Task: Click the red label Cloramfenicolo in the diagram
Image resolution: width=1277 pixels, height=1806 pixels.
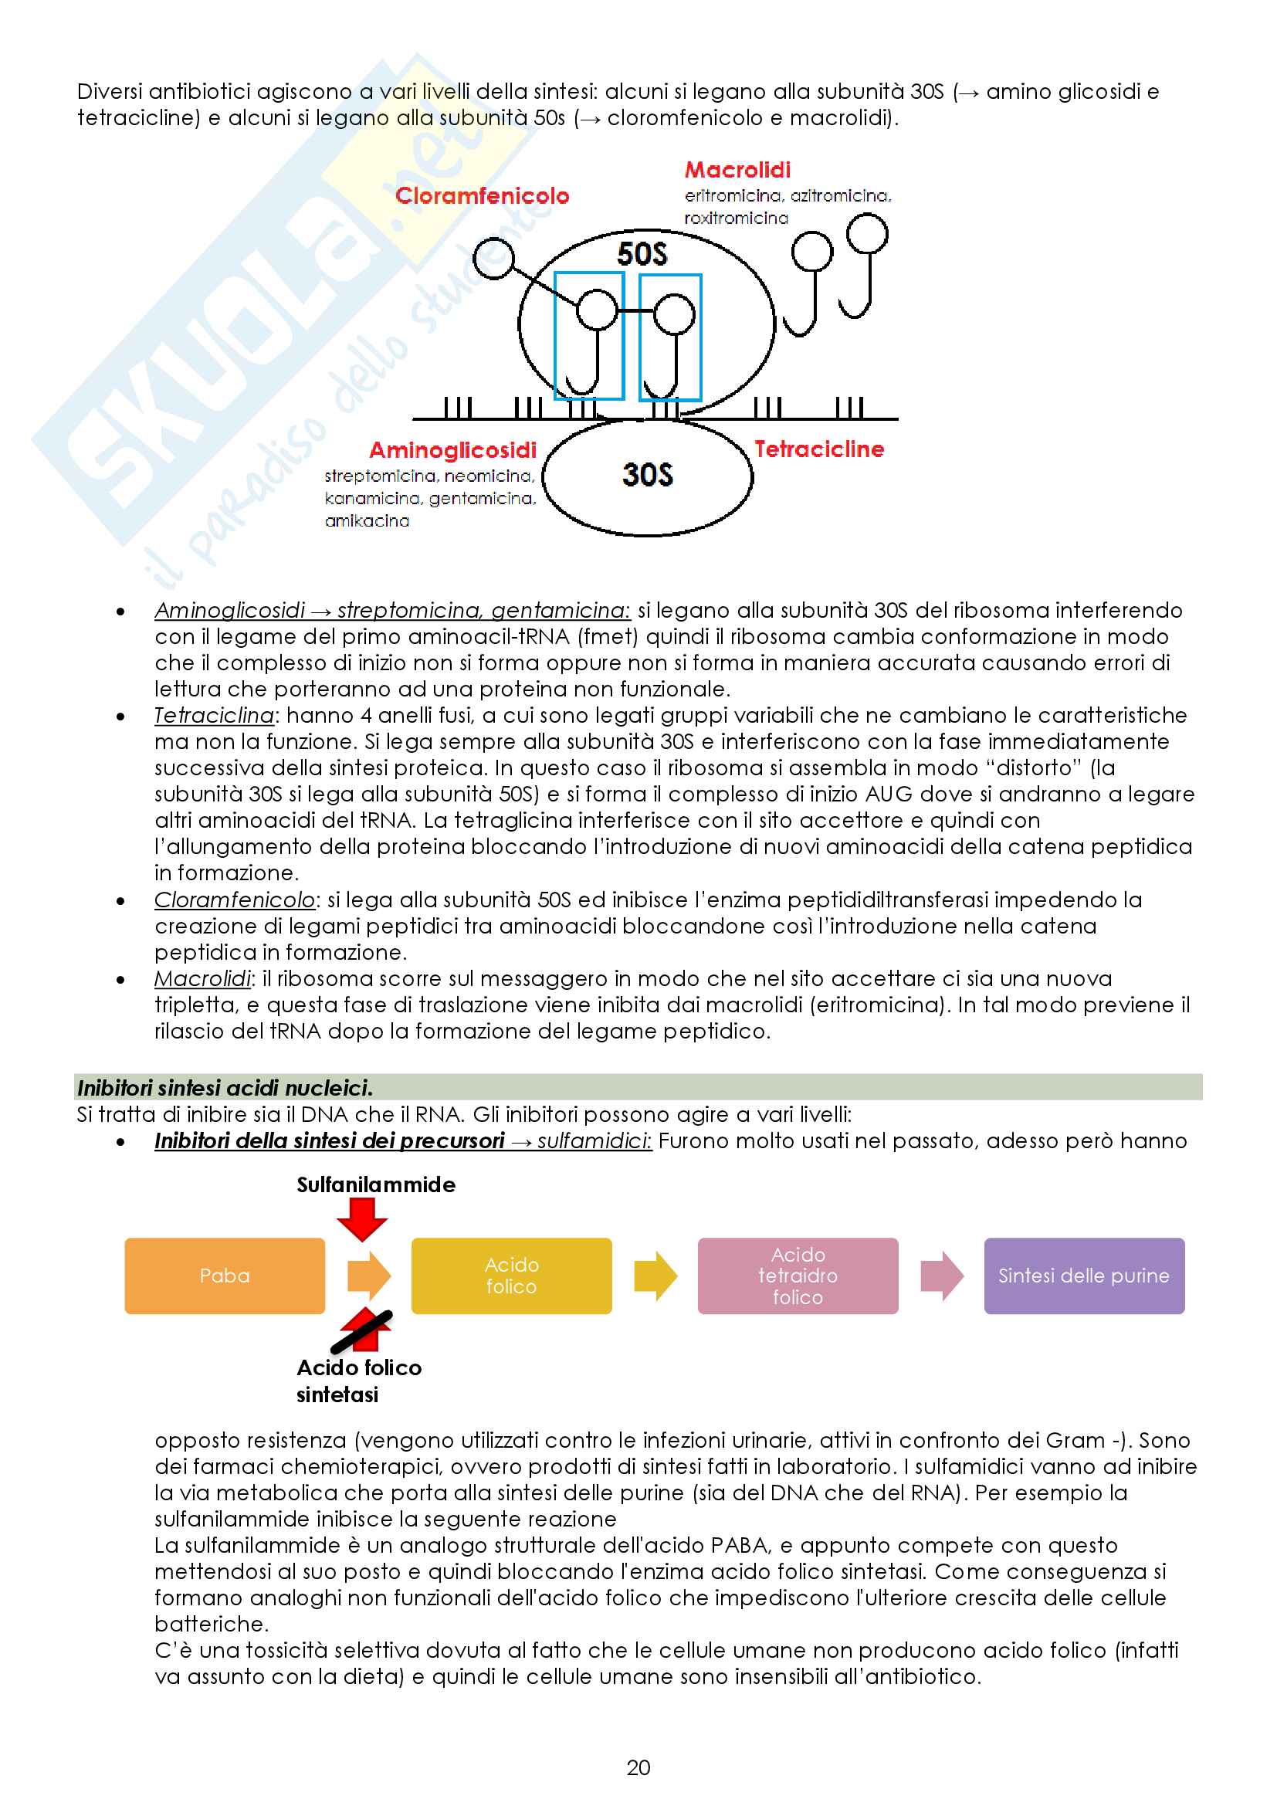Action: click(482, 196)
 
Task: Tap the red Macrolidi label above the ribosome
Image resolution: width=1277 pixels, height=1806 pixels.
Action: click(737, 170)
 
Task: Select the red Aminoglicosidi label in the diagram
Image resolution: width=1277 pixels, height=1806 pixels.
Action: click(453, 450)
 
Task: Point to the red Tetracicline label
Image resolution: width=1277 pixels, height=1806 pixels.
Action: click(818, 449)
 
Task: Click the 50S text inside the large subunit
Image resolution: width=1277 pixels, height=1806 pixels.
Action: click(642, 254)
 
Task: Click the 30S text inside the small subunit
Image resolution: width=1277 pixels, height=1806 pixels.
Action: click(647, 474)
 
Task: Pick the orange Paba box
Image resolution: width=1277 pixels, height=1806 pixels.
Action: click(225, 1275)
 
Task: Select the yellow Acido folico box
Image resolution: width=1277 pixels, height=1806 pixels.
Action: click(511, 1275)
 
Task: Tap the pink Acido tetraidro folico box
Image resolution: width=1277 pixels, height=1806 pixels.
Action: click(798, 1275)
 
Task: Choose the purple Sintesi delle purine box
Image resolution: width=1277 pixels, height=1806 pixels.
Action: click(1083, 1275)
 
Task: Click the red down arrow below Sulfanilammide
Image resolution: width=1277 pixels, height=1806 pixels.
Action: click(361, 1218)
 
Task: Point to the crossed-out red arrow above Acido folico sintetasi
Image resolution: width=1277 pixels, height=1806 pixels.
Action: click(363, 1330)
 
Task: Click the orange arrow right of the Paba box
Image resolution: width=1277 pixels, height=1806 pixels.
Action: click(369, 1275)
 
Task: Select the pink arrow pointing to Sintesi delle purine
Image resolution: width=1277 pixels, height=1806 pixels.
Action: click(941, 1275)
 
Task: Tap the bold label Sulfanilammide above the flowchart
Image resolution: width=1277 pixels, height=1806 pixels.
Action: click(376, 1184)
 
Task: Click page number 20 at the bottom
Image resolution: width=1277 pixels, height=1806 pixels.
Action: click(638, 1767)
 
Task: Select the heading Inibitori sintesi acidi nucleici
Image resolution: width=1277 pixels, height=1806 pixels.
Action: click(225, 1088)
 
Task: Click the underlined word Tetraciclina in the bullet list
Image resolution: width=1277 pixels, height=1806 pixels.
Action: click(214, 715)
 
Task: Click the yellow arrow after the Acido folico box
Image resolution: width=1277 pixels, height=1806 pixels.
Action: click(655, 1275)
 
